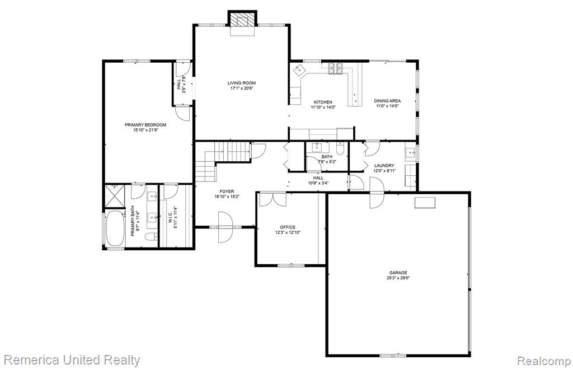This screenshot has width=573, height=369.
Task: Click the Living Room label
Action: coord(242,83)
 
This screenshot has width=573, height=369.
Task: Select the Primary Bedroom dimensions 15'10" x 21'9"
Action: coord(145,130)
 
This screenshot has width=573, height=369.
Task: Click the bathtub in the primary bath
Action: coord(115,228)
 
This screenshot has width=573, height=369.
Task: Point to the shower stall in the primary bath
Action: coord(115,197)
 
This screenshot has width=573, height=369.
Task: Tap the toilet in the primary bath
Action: coord(151,237)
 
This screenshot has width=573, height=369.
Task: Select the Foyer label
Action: coord(227,191)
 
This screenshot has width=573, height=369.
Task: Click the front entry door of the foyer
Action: coord(226,227)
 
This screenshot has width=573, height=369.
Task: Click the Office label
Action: coord(288,227)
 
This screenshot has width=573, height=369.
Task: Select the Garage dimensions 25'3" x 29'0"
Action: coord(398,278)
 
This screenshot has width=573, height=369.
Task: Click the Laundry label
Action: coord(384,165)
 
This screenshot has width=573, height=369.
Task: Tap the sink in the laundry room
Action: coord(411,152)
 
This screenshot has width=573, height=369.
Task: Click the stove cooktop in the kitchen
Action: coord(336,68)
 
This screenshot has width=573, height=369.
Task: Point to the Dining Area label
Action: coord(387,101)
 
